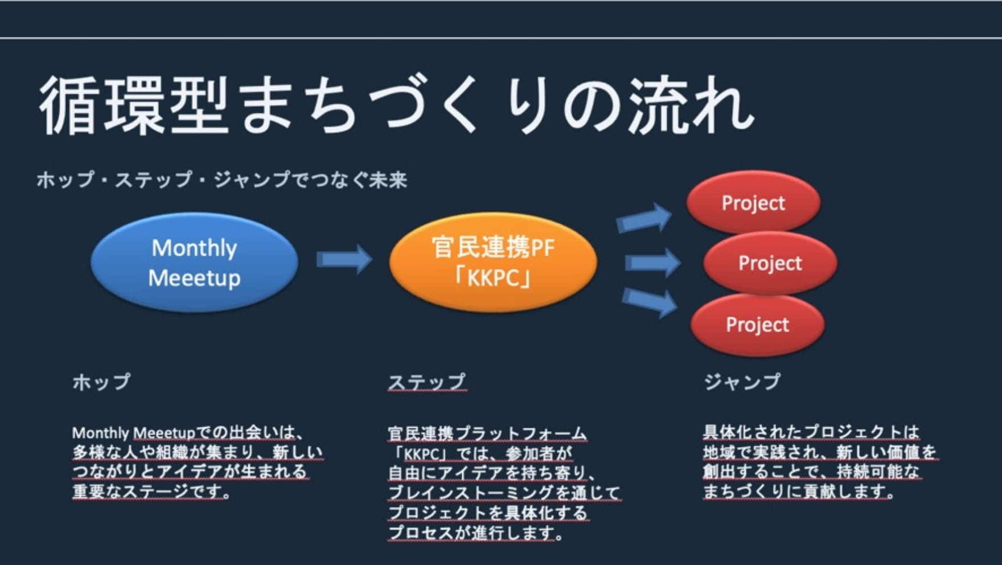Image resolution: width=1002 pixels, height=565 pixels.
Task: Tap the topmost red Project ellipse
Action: click(753, 203)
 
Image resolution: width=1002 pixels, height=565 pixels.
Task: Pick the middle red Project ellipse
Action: click(770, 263)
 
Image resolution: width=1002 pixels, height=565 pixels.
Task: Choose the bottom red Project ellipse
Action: click(757, 325)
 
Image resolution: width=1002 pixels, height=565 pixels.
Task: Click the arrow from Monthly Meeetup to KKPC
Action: click(344, 259)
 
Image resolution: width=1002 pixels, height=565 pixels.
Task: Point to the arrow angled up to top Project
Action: click(644, 218)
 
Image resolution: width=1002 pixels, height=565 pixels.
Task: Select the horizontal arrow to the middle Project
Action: click(652, 263)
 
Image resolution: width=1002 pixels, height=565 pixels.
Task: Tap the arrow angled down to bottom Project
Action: click(649, 302)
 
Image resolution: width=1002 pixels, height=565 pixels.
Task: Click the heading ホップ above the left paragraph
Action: click(101, 382)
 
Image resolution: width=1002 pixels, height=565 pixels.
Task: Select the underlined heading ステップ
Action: click(427, 382)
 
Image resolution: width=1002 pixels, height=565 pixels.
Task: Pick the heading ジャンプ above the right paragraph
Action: click(742, 382)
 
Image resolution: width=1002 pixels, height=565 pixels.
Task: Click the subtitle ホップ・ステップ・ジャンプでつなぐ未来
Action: click(222, 180)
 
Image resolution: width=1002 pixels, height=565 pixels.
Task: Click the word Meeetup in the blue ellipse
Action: click(194, 279)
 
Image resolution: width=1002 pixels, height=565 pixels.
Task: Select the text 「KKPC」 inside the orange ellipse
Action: click(493, 279)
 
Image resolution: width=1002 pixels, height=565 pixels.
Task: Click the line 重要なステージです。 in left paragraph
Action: click(151, 491)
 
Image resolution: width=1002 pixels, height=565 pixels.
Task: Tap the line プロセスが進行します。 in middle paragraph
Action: click(476, 533)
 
